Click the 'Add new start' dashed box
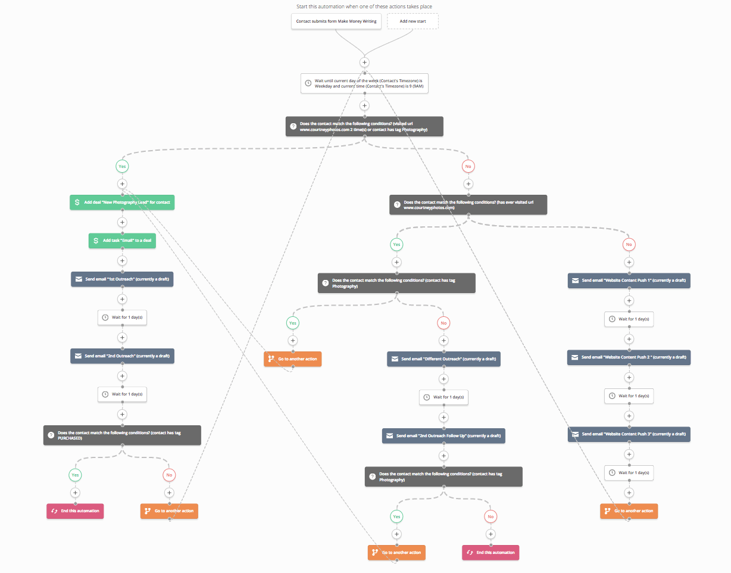[x=413, y=21]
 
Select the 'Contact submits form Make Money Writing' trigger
[x=336, y=21]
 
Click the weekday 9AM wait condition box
[x=364, y=83]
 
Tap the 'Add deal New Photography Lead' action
[x=122, y=203]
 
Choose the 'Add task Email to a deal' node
[x=122, y=241]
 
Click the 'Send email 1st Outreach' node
[x=122, y=279]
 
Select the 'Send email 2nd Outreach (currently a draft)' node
[x=122, y=356]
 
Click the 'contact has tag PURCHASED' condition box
[x=122, y=435]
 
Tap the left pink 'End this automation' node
[x=75, y=511]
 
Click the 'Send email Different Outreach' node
[x=443, y=359]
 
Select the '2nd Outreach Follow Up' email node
[x=443, y=435]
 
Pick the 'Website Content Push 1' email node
[x=629, y=281]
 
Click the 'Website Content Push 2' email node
[x=629, y=357]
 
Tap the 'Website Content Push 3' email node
[x=629, y=434]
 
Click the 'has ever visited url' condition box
[x=468, y=205]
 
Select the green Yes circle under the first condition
[x=122, y=167]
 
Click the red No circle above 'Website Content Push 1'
[x=629, y=244]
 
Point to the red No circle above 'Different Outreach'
[x=443, y=323]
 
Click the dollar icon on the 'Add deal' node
[x=77, y=203]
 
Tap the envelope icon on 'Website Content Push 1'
[x=575, y=281]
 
